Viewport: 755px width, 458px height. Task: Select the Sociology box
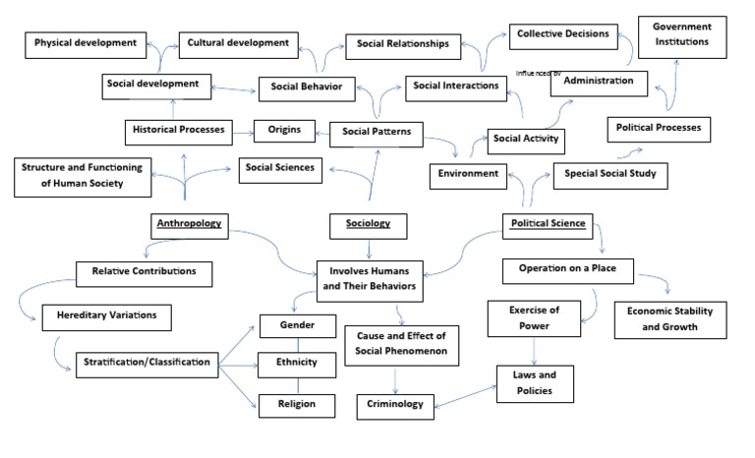tap(367, 225)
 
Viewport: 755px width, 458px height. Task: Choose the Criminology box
tap(395, 404)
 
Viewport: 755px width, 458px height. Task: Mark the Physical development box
tap(87, 44)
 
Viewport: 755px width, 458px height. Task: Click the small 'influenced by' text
tap(538, 73)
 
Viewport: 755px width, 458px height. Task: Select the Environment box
tap(468, 176)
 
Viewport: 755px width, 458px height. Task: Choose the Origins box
tap(284, 130)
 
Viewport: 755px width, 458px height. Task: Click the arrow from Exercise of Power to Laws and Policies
tap(535, 349)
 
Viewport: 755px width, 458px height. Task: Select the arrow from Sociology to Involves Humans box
tap(367, 249)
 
